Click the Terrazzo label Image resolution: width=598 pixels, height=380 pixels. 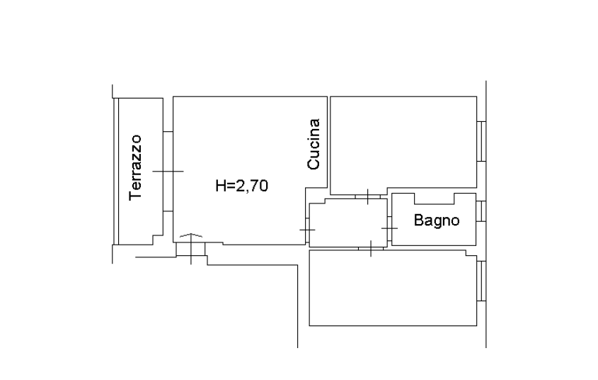(x=135, y=167)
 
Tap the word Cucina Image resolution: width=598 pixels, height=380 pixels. (x=314, y=144)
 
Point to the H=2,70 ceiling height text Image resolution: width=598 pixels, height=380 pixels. (x=242, y=186)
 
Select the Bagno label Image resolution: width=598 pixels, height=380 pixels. (x=437, y=220)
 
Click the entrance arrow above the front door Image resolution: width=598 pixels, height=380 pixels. (x=190, y=235)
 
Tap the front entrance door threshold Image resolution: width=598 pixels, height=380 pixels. (x=190, y=249)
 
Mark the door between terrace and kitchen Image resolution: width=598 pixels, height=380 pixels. (x=168, y=172)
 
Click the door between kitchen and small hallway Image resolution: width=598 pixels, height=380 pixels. (x=307, y=230)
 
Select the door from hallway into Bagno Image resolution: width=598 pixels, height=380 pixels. (x=389, y=228)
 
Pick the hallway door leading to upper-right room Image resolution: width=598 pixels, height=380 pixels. (x=368, y=196)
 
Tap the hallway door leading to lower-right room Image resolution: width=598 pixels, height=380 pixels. (x=371, y=249)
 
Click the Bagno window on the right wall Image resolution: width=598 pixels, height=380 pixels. (x=481, y=211)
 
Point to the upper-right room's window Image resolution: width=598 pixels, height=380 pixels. (x=481, y=141)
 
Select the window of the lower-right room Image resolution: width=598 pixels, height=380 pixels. (x=481, y=281)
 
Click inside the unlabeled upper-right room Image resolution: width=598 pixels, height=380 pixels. (x=403, y=142)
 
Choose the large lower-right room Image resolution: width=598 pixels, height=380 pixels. (x=393, y=288)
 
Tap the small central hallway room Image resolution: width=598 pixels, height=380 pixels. (x=348, y=223)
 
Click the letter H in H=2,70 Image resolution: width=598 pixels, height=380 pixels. (x=221, y=186)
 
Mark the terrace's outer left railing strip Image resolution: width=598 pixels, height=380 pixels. (x=116, y=171)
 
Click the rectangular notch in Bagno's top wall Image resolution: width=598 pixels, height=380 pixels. (x=434, y=199)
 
